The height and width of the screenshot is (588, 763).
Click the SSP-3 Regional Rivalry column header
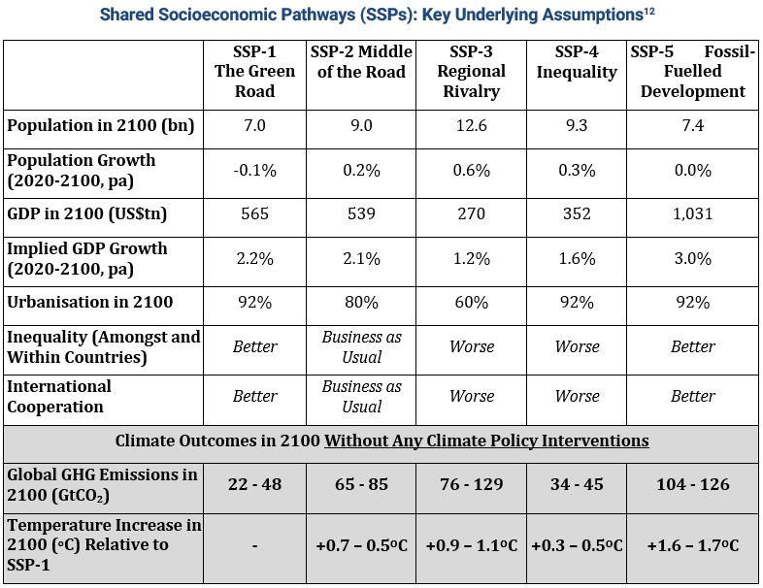point(471,72)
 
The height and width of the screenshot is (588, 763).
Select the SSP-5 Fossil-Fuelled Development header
point(692,72)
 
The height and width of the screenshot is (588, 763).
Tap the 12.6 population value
point(471,125)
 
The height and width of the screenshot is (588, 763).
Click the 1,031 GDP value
point(692,213)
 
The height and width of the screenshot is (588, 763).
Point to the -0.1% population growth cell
point(254,170)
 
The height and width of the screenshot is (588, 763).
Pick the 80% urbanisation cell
point(361,302)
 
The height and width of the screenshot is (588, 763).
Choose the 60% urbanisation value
point(471,302)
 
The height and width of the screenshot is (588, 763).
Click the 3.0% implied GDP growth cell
point(692,258)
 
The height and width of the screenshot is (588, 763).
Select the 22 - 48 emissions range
point(254,484)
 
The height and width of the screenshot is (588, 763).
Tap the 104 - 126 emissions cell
point(692,484)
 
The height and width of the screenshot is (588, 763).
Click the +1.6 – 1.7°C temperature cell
point(692,545)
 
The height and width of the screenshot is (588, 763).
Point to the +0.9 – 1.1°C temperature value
point(471,545)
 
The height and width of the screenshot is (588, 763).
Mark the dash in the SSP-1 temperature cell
point(254,546)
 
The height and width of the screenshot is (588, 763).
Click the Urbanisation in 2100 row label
point(90,302)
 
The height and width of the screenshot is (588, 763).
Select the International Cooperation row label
point(59,397)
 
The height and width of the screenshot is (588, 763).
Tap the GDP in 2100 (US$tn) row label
point(87,213)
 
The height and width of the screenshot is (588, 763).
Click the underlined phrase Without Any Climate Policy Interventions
point(486,441)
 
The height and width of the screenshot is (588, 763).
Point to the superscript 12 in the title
point(649,11)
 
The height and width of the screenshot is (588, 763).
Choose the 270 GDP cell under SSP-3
point(471,213)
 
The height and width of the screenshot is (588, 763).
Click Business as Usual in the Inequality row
point(361,346)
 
